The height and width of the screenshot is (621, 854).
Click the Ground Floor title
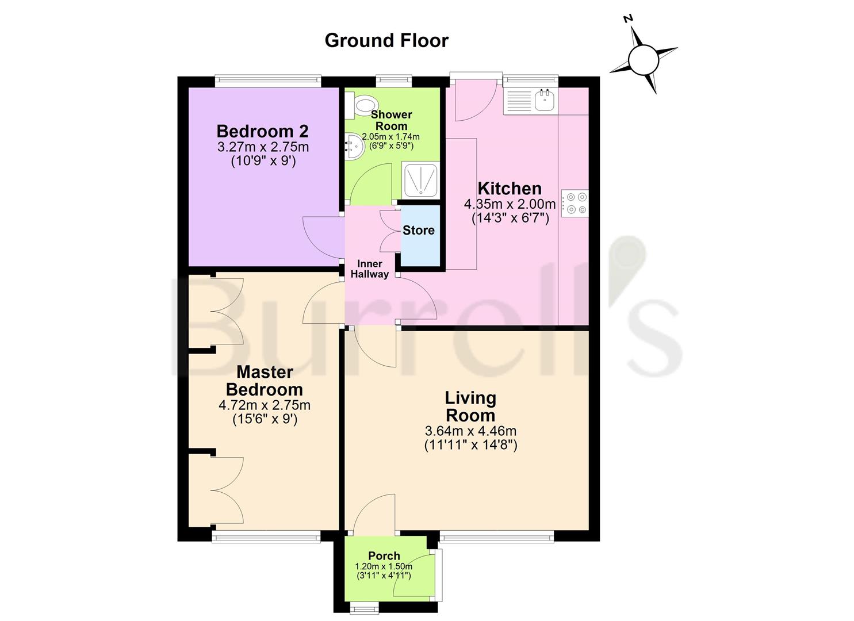click(x=386, y=40)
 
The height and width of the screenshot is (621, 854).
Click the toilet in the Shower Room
click(x=362, y=106)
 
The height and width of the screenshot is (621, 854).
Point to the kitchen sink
click(x=543, y=101)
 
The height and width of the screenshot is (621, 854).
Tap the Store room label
click(x=418, y=231)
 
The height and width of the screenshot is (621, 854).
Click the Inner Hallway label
click(x=370, y=269)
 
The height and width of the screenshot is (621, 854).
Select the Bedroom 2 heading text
click(x=262, y=131)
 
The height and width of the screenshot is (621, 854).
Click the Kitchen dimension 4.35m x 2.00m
click(x=510, y=204)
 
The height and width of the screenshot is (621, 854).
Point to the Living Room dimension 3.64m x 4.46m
click(x=470, y=431)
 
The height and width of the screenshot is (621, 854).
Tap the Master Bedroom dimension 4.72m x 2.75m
click(x=264, y=405)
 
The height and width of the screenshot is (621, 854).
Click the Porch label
click(x=384, y=555)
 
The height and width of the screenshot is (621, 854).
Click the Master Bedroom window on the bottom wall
click(x=265, y=538)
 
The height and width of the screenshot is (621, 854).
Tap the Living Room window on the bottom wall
click(x=496, y=538)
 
